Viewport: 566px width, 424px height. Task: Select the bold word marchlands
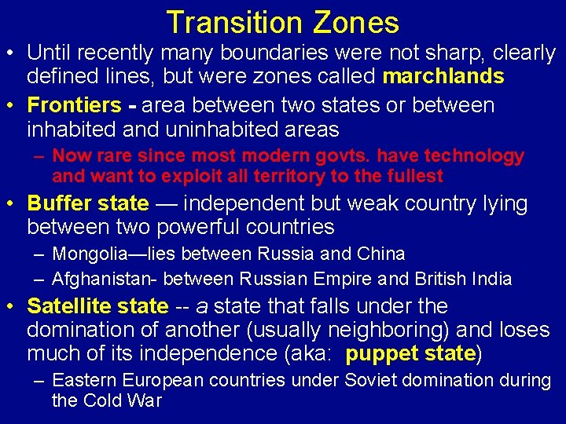[443, 76]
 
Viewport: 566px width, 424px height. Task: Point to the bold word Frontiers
[75, 105]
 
